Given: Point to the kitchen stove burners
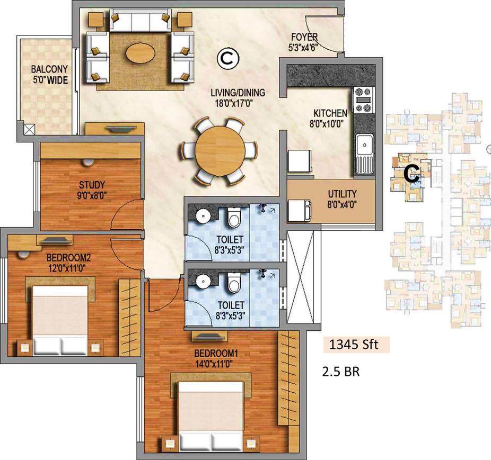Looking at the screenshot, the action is (364, 100).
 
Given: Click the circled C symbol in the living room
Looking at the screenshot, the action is (229, 58).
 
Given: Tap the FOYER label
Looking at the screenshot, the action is (304, 37).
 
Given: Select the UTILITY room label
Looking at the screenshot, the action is (342, 194).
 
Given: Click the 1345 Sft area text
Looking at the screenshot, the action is (354, 345).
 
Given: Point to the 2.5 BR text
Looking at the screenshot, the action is (341, 372).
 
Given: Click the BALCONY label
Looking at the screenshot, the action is (49, 69).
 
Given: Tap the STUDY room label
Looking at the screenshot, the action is (92, 185).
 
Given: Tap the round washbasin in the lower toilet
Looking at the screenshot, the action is (203, 281).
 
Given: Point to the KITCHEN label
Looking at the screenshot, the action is (330, 113).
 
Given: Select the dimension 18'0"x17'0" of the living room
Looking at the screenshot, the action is (234, 103).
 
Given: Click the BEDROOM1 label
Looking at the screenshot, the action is (216, 354).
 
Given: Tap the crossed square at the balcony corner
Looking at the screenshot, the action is (29, 129).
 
